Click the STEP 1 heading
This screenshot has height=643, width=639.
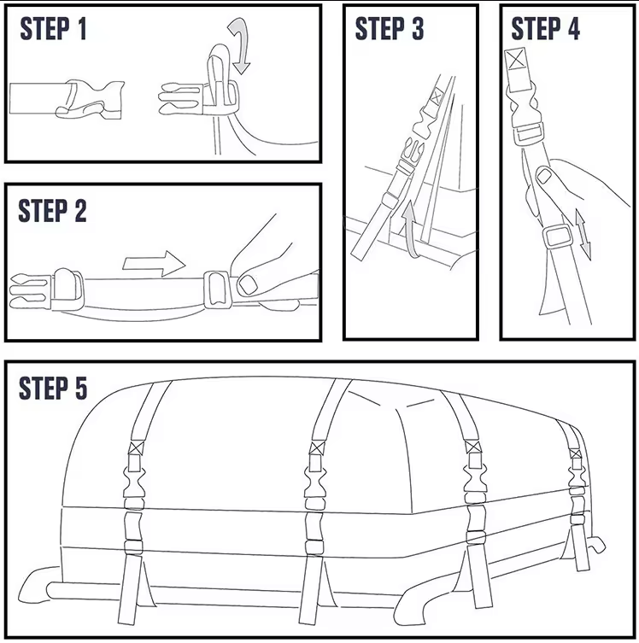click(53, 29)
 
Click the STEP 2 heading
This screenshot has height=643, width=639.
click(53, 211)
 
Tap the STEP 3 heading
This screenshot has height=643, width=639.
click(390, 29)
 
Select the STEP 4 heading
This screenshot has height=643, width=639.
click(545, 29)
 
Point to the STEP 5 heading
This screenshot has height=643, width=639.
click(53, 389)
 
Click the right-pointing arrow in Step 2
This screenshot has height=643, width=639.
click(154, 262)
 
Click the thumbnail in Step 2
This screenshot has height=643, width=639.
click(249, 284)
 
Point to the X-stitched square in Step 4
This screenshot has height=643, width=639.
click(515, 61)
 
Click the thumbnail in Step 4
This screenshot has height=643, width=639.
click(542, 178)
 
